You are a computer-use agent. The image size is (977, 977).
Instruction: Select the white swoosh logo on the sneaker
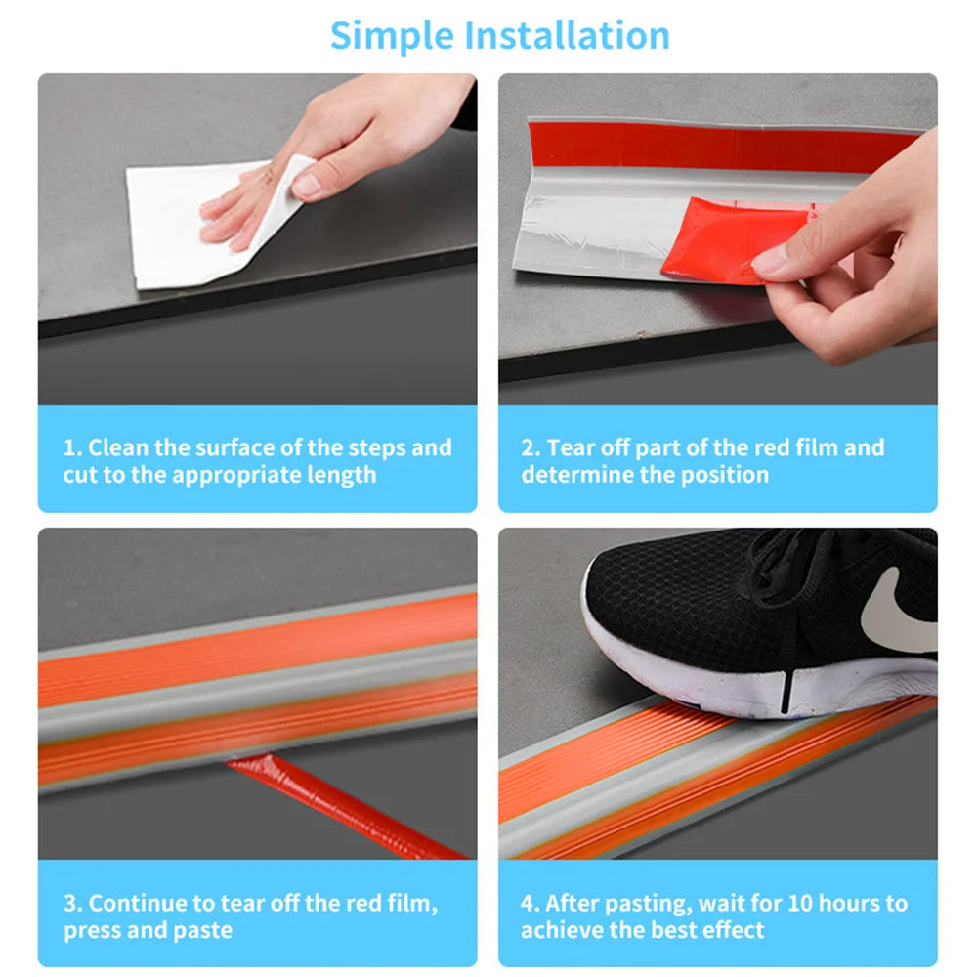[894, 611]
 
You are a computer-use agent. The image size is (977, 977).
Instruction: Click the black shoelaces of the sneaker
[782, 567]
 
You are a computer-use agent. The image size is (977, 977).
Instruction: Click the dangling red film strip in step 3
[342, 806]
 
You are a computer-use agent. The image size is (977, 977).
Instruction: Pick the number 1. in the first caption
[73, 448]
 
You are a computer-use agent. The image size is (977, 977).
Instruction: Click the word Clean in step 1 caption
[118, 448]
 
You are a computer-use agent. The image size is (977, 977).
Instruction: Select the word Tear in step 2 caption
[570, 448]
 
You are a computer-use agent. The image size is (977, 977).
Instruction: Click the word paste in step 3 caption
[204, 930]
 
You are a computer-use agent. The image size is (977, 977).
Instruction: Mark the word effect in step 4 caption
[732, 930]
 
